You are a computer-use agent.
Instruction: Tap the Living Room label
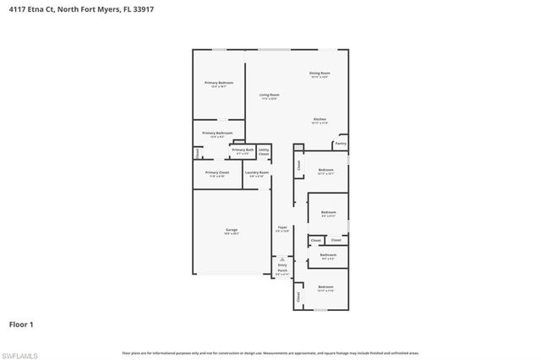click(269, 95)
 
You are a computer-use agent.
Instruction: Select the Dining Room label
click(320, 74)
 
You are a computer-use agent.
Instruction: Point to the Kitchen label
click(320, 119)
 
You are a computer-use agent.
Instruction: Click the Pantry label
click(341, 144)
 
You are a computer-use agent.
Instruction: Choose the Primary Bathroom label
click(217, 134)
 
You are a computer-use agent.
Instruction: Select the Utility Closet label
click(264, 152)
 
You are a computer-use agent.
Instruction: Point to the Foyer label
click(282, 228)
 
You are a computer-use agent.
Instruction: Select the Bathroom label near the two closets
click(328, 255)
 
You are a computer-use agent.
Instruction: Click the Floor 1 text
click(21, 324)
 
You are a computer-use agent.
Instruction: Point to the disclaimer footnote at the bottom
click(270, 352)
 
